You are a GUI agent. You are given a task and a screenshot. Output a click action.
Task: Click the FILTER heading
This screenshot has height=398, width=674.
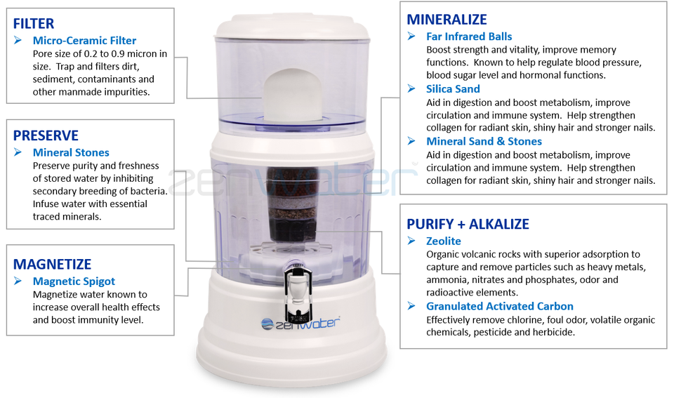point(34,24)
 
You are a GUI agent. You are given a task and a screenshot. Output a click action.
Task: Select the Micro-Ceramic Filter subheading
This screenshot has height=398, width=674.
point(84,41)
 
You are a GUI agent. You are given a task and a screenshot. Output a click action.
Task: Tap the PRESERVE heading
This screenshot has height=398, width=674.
point(46,135)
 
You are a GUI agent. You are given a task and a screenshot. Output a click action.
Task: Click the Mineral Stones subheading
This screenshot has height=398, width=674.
point(71,152)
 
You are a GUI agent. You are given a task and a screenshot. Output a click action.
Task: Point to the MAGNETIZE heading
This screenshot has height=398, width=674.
point(52,265)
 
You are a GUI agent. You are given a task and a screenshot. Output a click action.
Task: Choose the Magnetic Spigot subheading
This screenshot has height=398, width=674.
point(74,281)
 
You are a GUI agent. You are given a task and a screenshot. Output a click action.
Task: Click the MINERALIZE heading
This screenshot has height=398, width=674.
point(447,20)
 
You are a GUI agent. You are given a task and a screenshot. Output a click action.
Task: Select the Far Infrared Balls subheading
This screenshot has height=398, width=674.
point(469,37)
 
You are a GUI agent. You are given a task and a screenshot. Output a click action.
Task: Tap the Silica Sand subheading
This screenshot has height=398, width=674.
point(453,89)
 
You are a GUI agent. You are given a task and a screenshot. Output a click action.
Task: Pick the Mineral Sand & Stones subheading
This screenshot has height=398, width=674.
point(484,141)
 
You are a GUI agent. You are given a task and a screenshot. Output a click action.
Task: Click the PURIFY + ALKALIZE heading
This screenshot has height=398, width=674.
point(468,225)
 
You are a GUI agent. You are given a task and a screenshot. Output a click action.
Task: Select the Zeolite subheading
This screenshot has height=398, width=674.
point(444,241)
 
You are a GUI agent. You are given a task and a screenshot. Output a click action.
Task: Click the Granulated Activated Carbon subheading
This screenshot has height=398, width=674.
point(499,306)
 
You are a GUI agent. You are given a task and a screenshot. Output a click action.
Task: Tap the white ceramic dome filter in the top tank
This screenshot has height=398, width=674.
point(289,91)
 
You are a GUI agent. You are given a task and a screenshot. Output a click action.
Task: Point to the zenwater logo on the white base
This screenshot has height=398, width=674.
point(300,323)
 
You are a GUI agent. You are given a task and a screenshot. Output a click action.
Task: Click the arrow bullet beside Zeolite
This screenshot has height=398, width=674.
point(412,241)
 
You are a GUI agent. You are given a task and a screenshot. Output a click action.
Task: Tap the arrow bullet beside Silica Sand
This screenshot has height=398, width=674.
point(412,88)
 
